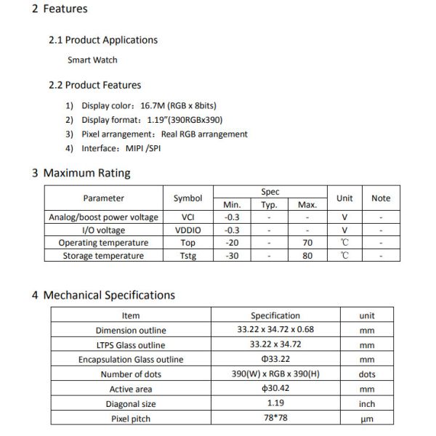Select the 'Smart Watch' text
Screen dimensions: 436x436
(x=92, y=60)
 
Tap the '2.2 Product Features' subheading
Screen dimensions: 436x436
(x=94, y=85)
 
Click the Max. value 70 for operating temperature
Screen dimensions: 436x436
(x=307, y=243)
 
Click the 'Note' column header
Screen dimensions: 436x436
(x=380, y=198)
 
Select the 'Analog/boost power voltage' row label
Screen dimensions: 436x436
(x=103, y=217)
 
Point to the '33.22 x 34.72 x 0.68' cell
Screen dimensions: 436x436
(x=275, y=331)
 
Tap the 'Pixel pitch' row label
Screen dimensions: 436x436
(x=131, y=419)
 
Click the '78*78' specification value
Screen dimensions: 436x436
(x=275, y=419)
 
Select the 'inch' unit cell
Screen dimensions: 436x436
(x=367, y=404)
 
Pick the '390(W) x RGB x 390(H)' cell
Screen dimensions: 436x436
(x=275, y=374)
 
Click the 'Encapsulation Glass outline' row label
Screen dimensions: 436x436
(x=131, y=360)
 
